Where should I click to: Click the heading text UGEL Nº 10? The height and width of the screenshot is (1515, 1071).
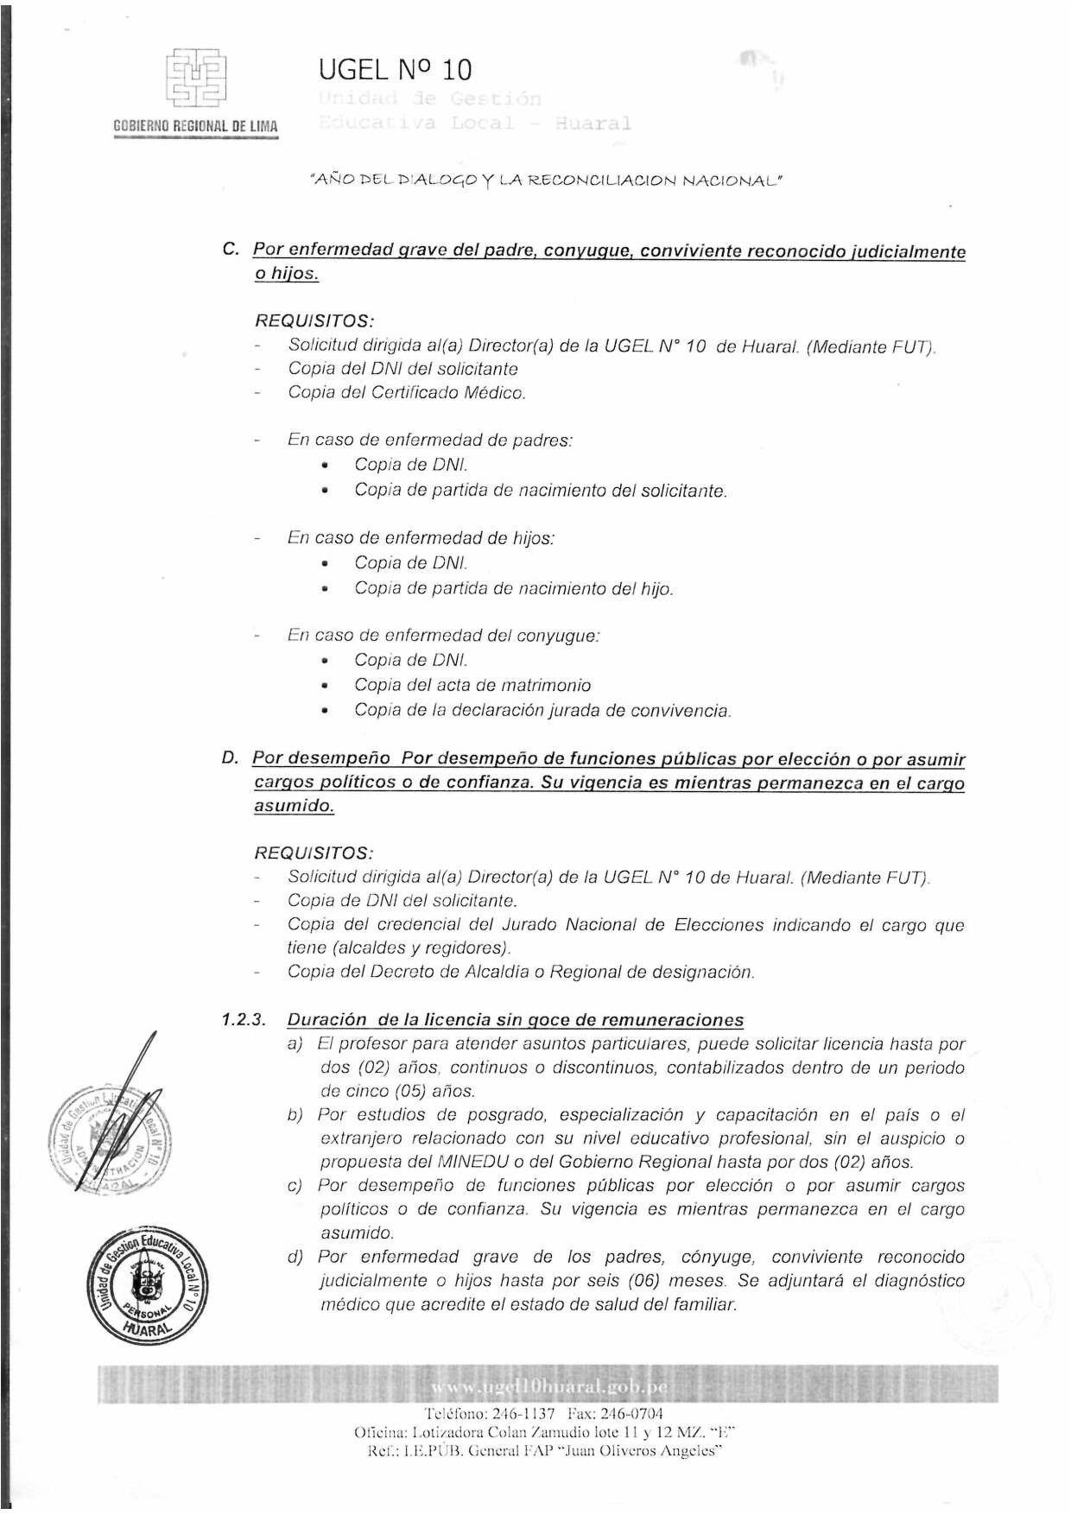pyautogui.click(x=395, y=69)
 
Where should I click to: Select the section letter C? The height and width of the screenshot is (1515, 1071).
pyautogui.click(x=230, y=250)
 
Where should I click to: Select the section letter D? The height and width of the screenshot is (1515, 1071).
pyautogui.click(x=230, y=758)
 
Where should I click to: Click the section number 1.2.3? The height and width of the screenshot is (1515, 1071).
pyautogui.click(x=243, y=1020)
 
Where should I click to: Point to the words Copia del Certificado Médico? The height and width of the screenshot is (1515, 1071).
pyautogui.click(x=407, y=393)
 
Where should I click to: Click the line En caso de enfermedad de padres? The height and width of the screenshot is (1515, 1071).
pyautogui.click(x=430, y=440)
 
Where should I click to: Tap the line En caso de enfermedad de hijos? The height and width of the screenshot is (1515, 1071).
pyautogui.click(x=421, y=537)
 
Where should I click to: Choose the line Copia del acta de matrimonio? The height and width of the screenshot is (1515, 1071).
pyautogui.click(x=472, y=685)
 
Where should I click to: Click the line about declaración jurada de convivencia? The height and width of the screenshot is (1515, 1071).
pyautogui.click(x=542, y=711)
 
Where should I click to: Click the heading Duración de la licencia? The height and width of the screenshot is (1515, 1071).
pyautogui.click(x=515, y=1020)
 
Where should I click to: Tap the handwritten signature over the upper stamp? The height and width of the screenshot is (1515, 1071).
pyautogui.click(x=121, y=1114)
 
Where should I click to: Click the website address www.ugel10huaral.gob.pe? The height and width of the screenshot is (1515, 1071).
pyautogui.click(x=548, y=1387)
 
